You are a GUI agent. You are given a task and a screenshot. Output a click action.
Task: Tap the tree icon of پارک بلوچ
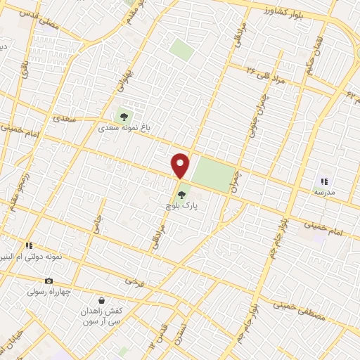tap(181, 194)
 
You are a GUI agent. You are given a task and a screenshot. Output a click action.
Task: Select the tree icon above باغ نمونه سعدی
tap(124, 116)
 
